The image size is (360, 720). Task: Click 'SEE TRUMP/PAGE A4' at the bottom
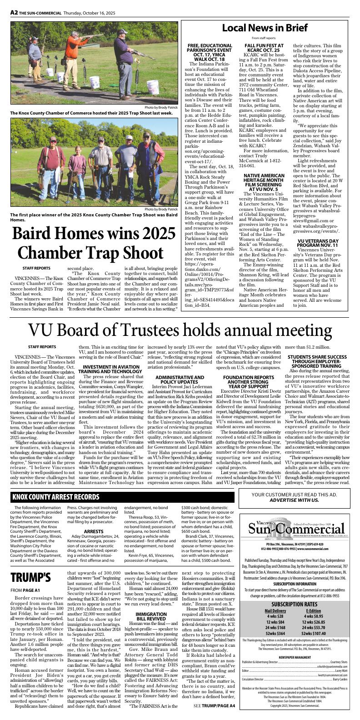coord(214,705)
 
